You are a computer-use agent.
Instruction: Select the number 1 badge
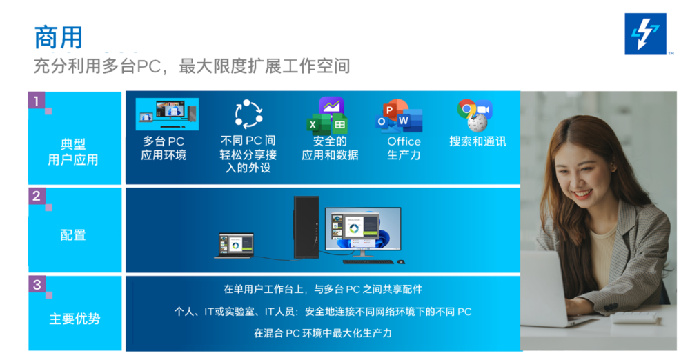pyautogui.click(x=37, y=101)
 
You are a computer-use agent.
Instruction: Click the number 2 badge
pyautogui.click(x=37, y=196)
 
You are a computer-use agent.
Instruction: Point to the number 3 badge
pyautogui.click(x=37, y=284)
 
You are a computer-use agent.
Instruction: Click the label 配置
pyautogui.click(x=73, y=235)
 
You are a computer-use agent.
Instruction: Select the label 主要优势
pyautogui.click(x=74, y=319)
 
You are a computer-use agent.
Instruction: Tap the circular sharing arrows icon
pyautogui.click(x=248, y=114)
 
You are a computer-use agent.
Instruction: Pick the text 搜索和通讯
pyautogui.click(x=477, y=141)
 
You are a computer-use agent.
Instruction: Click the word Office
pyautogui.click(x=404, y=141)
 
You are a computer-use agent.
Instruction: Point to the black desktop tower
pyautogui.click(x=306, y=227)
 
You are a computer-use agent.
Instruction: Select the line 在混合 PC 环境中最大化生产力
pyautogui.click(x=323, y=333)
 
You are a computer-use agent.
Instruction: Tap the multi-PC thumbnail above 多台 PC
pyautogui.click(x=167, y=113)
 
